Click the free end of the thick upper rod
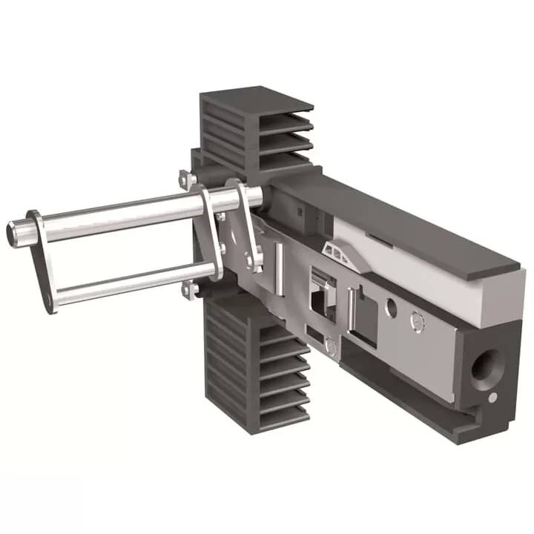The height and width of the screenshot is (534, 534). [x=16, y=232]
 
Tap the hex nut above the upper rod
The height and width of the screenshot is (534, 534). [x=187, y=179]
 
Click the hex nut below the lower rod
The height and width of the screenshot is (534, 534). [x=189, y=290]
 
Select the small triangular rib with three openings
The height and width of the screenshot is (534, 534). [x=340, y=252]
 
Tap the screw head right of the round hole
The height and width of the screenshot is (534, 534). [x=417, y=320]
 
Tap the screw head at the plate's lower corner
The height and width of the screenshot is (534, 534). [x=331, y=346]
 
